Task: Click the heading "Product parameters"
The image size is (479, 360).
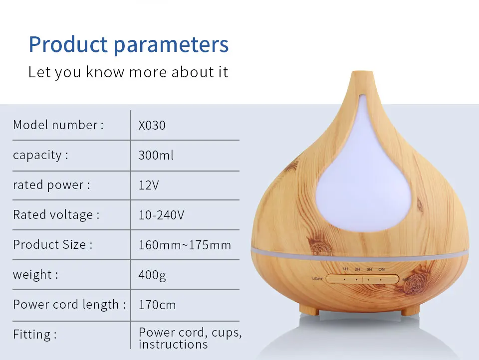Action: tap(129, 44)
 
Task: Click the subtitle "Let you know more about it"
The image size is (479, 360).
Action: tap(128, 72)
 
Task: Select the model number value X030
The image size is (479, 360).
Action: tap(152, 125)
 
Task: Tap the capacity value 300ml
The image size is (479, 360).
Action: tap(156, 155)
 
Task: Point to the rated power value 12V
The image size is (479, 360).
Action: tap(149, 185)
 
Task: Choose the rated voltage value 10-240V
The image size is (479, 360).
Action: tap(161, 215)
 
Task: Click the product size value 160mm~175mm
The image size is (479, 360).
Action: tap(185, 245)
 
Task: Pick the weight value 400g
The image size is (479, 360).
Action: tap(152, 275)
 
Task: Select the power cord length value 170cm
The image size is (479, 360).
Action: tap(157, 305)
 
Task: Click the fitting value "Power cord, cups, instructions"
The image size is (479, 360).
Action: tap(190, 339)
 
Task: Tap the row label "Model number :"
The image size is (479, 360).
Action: tap(58, 125)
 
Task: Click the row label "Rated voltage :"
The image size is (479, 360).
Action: tap(56, 215)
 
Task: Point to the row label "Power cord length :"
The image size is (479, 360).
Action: tap(69, 305)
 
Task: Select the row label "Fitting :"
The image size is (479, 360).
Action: tap(35, 335)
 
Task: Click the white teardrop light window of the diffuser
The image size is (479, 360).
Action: tap(364, 183)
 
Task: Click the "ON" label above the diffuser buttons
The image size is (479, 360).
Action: tap(382, 269)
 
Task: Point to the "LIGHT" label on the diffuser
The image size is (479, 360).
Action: tap(317, 278)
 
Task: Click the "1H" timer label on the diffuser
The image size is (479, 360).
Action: tap(345, 269)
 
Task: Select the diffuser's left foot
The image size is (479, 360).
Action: tap(309, 311)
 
